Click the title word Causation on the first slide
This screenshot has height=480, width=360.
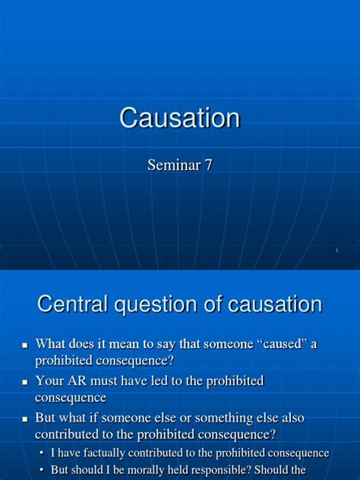click(180, 118)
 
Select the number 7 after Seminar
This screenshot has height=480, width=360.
click(208, 166)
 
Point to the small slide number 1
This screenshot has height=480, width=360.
click(337, 251)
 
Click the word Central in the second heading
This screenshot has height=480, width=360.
click(73, 304)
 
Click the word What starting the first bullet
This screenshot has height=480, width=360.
click(50, 343)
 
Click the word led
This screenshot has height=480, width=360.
click(163, 381)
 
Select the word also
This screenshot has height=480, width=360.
click(293, 418)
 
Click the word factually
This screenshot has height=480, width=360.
click(104, 453)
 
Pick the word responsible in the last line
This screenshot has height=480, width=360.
click(218, 470)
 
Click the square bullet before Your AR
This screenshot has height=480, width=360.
click(25, 382)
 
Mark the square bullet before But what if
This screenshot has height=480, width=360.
click(25, 419)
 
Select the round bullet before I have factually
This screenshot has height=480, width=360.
click(43, 453)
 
